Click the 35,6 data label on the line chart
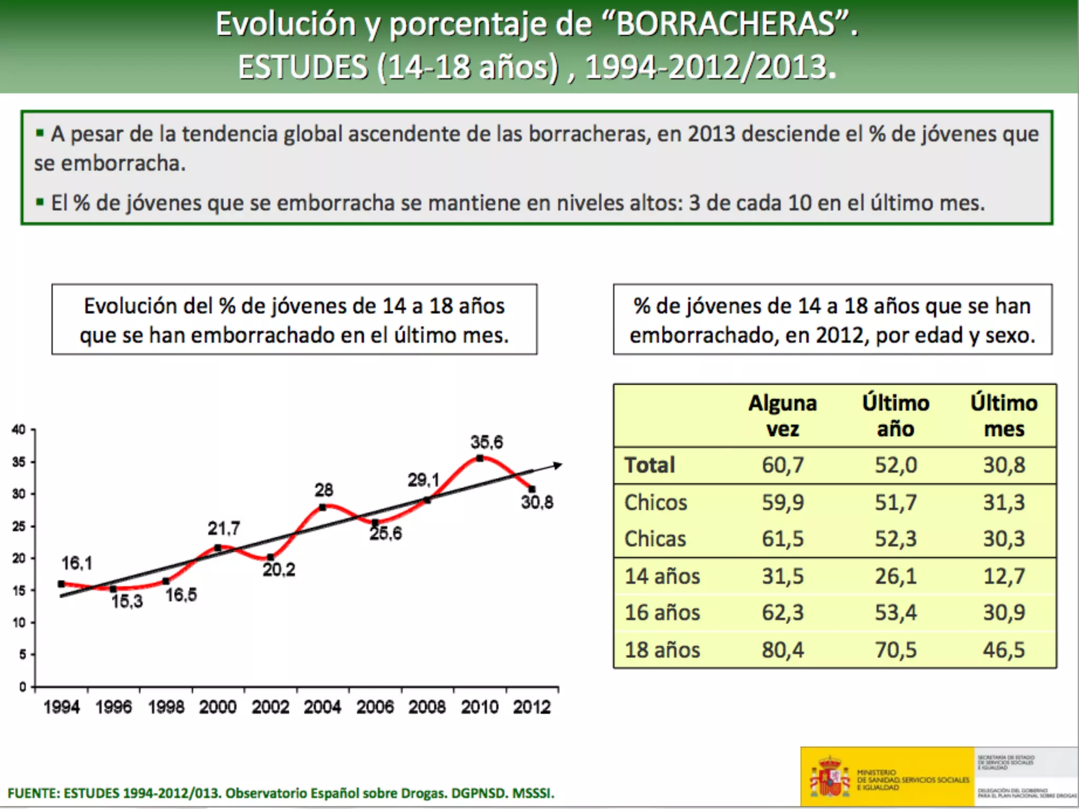click(x=486, y=442)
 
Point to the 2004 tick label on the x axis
click(x=322, y=706)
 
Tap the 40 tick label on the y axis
click(x=19, y=429)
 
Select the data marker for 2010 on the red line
click(x=479, y=458)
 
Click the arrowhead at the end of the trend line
click(x=557, y=465)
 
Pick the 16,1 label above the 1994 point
click(x=77, y=563)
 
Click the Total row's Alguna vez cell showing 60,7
click(x=783, y=465)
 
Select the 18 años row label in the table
click(x=662, y=649)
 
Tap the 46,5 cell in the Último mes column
click(x=1004, y=649)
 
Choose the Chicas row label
click(x=655, y=539)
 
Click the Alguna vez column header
click(x=783, y=416)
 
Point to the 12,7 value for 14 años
click(x=1004, y=576)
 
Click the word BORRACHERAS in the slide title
click(x=725, y=24)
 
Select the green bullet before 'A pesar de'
click(x=40, y=133)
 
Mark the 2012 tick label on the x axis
click(x=532, y=706)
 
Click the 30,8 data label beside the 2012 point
click(x=537, y=502)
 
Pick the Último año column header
click(x=896, y=416)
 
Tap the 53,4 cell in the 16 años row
click(x=896, y=613)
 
